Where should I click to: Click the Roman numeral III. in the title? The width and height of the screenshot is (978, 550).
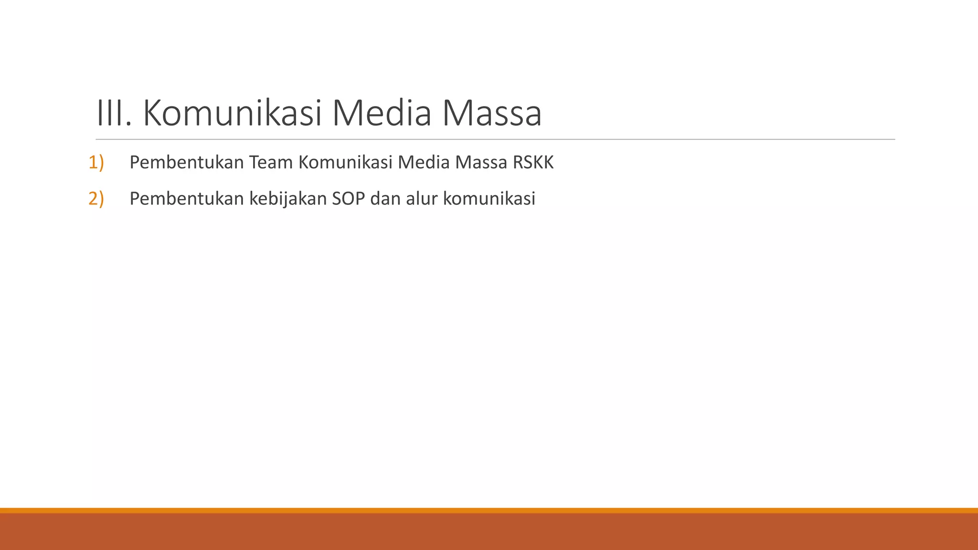coord(114,113)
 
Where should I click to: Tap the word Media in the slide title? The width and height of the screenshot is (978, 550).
coord(381,113)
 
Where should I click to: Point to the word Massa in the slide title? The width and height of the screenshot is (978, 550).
coord(491,113)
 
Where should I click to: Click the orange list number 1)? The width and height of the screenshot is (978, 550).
coord(96,163)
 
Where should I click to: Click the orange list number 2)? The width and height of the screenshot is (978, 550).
coord(96,199)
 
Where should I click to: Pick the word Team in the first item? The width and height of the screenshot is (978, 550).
coord(271,163)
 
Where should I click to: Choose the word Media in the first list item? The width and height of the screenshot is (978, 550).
coord(424,163)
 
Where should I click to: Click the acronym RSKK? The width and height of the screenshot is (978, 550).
coord(533,163)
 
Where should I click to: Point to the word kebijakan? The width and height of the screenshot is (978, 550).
coord(287,199)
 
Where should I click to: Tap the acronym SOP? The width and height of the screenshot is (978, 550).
coord(348,199)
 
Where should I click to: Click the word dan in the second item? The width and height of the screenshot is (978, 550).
coord(385,199)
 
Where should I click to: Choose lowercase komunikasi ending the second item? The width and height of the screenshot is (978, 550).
coord(489,199)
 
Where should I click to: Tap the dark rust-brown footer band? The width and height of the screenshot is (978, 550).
coord(489,532)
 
